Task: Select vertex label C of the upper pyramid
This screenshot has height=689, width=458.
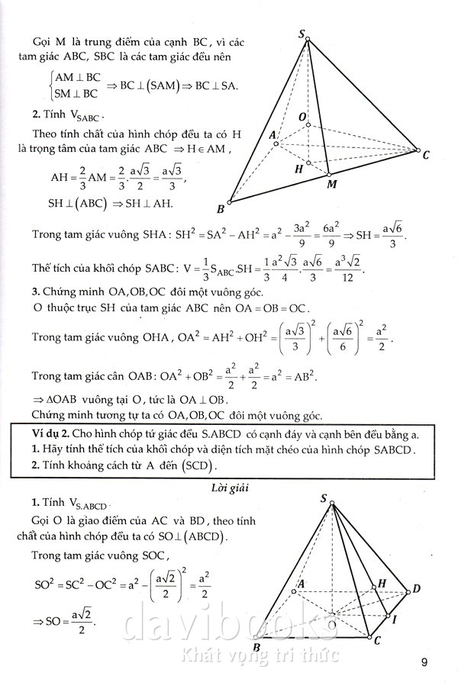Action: point(425,155)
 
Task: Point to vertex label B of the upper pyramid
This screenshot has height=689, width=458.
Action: point(221,208)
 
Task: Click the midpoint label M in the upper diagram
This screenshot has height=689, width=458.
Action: point(331,184)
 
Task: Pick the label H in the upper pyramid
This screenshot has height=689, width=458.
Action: point(298,169)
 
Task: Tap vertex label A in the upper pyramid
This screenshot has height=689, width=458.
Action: point(273,135)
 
